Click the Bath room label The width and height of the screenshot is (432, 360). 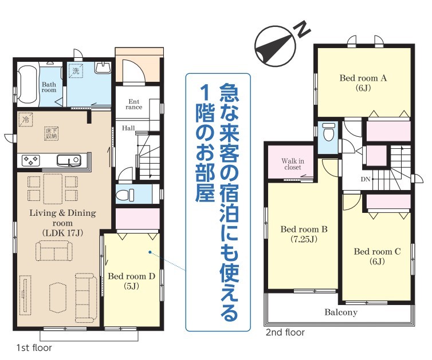click(49, 87)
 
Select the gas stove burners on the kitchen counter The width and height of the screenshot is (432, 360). click(31, 160)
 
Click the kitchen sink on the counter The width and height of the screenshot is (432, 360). click(69, 160)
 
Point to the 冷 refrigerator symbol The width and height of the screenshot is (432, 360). click(26, 120)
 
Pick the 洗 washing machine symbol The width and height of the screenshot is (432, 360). click(76, 71)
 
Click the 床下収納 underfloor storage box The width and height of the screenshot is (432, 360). click(52, 133)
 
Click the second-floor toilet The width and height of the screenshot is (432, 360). click(328, 132)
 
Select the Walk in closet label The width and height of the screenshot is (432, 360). click(293, 164)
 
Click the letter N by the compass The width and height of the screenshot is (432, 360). click(303, 29)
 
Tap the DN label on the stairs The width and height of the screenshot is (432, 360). click(366, 180)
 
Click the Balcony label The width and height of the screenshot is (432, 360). click(341, 312)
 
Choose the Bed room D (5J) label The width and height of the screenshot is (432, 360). click(131, 281)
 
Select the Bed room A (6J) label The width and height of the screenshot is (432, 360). click(363, 82)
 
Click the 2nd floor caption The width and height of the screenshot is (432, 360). click(285, 333)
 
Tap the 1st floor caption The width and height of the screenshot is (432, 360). click(34, 348)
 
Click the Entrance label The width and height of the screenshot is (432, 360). click(134, 104)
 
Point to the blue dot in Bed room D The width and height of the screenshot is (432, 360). click(150, 252)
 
